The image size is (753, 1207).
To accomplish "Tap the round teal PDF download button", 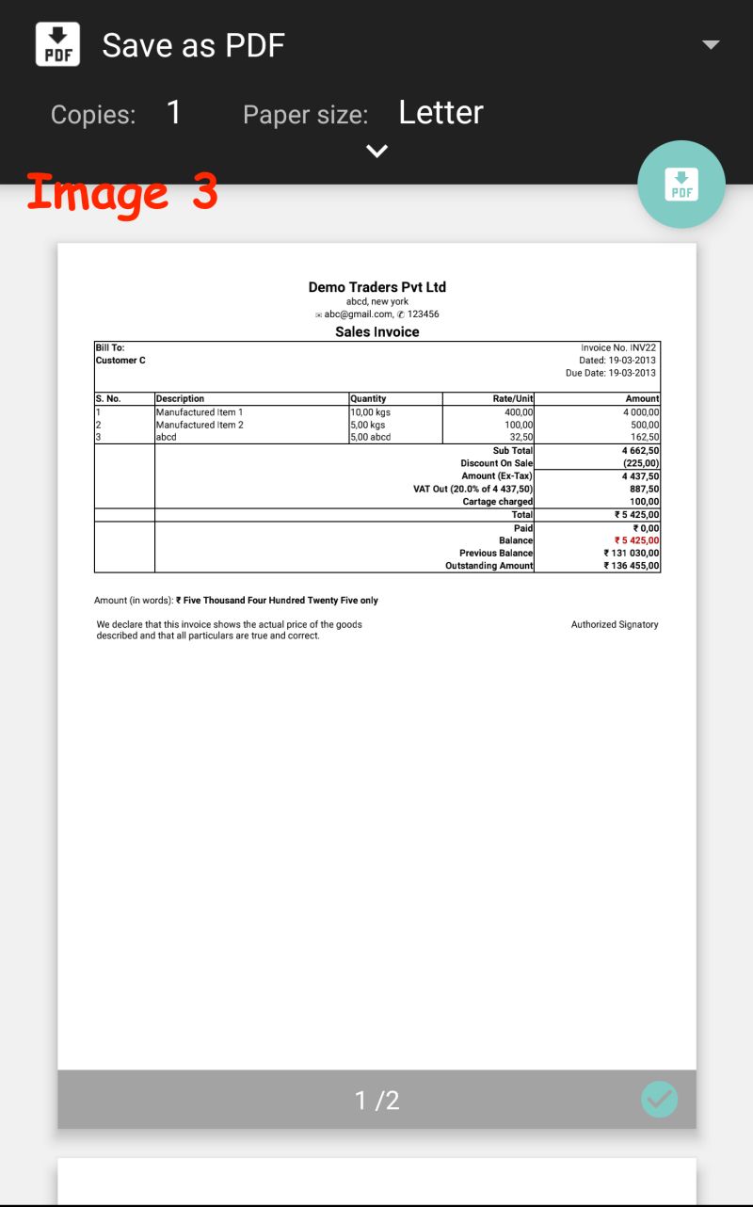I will tap(681, 184).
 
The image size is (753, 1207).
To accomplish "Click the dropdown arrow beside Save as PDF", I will tap(711, 45).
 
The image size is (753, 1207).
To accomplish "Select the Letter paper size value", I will tap(441, 113).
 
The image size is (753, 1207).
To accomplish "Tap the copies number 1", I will tap(173, 113).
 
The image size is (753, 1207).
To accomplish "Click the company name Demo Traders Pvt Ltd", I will tap(376, 287).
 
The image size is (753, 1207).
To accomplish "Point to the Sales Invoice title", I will tap(376, 332).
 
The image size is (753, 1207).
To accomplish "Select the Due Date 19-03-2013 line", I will tap(611, 373).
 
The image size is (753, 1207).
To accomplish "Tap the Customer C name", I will tap(120, 361).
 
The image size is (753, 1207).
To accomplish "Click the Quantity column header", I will tap(368, 399).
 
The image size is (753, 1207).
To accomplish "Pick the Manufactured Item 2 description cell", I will tap(200, 425).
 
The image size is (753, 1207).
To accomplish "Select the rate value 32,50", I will tap(520, 437).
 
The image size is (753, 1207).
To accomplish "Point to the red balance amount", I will tap(636, 540).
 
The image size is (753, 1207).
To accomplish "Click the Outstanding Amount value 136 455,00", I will tap(632, 566).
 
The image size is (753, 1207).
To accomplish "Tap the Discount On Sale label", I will tap(496, 463).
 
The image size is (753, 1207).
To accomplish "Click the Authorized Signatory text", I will tap(615, 624).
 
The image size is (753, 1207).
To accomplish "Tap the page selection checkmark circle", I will tap(659, 1099).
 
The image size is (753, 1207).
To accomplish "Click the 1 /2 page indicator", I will tap(376, 1100).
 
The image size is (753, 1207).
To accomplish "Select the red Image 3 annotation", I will tap(122, 193).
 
